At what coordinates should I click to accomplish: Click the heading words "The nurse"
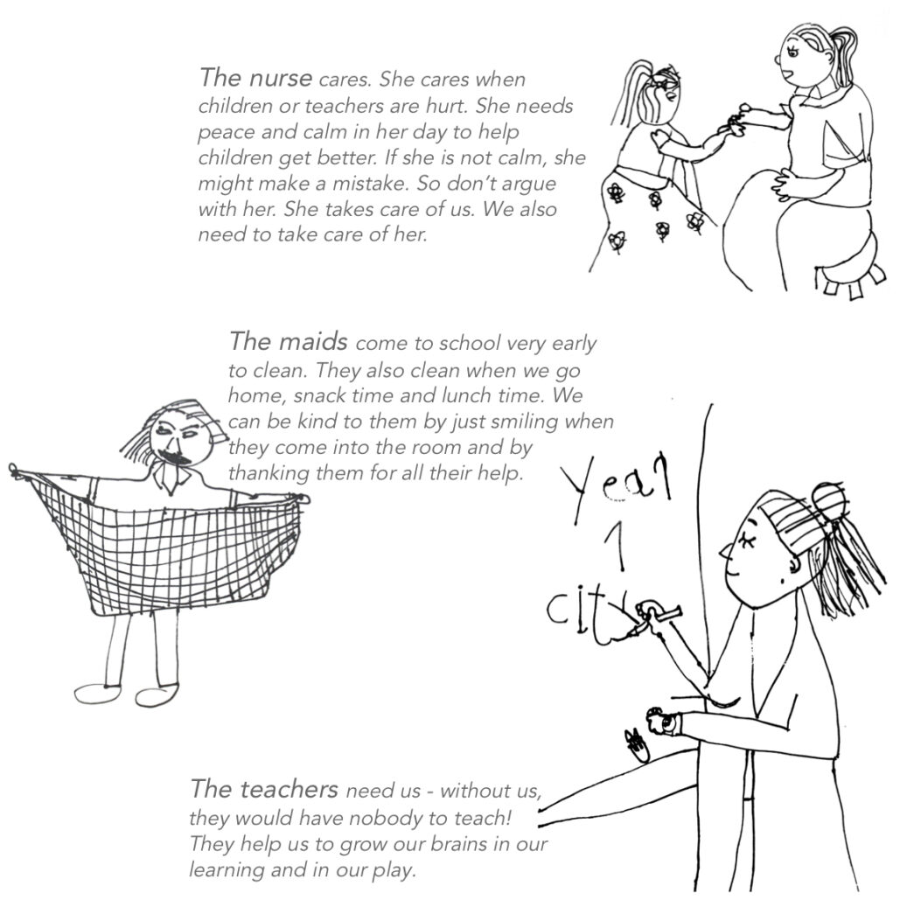point(255,78)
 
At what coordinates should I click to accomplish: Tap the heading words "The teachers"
point(264,789)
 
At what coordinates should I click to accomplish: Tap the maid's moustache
point(173,457)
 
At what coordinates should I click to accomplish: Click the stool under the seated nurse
point(846,273)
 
